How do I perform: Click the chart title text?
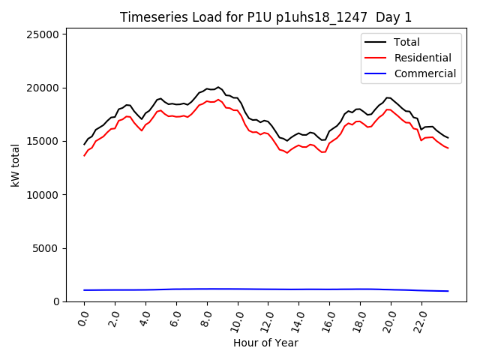click(x=266, y=17)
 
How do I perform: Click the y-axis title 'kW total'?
click(x=16, y=165)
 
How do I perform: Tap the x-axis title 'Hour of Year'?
click(x=266, y=343)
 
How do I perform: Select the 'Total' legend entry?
click(x=406, y=42)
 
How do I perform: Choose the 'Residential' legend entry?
click(x=422, y=58)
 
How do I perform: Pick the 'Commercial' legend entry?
click(x=424, y=73)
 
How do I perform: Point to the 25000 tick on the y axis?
click(x=44, y=34)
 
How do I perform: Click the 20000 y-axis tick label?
click(x=44, y=88)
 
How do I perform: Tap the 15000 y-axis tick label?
click(x=44, y=141)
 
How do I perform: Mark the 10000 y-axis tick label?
click(x=44, y=195)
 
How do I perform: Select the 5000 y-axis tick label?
click(x=47, y=248)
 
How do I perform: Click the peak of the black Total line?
click(x=218, y=87)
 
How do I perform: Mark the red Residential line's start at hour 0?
click(x=85, y=155)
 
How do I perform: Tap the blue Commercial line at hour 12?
click(x=268, y=289)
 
